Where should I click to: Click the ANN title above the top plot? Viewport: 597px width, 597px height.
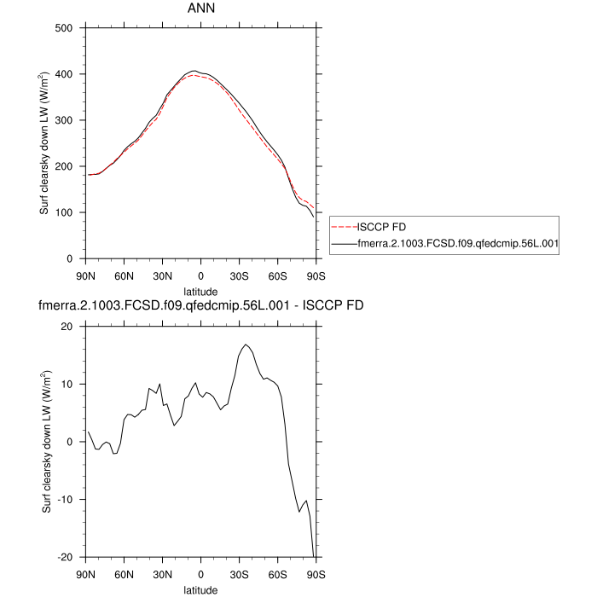[200, 9]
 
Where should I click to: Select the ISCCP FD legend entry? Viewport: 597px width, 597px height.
[381, 228]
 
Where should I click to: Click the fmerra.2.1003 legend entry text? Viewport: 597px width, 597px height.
[458, 243]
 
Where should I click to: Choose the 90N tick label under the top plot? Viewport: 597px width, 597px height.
[85, 275]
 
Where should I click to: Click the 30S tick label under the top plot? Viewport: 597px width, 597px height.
[239, 275]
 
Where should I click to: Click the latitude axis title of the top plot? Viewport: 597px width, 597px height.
[200, 290]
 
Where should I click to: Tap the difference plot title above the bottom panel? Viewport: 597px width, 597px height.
[200, 306]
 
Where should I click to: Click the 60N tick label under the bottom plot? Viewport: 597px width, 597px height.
[124, 574]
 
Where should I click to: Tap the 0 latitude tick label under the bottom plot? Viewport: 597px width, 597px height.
[200, 574]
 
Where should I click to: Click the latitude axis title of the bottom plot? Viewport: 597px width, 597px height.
[200, 589]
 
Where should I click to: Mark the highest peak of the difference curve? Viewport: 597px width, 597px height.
[246, 345]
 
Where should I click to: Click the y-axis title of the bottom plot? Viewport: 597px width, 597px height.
[47, 442]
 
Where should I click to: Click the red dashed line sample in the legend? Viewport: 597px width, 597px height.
[343, 228]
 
